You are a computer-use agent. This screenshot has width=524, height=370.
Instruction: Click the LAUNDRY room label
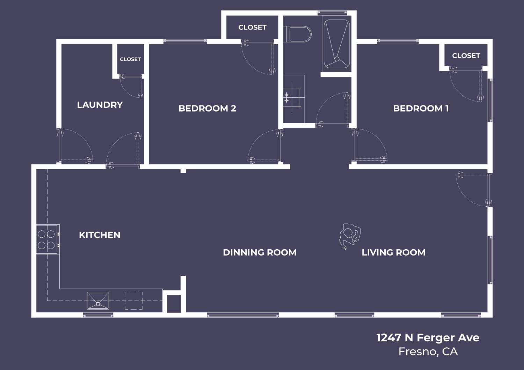[x=100, y=105]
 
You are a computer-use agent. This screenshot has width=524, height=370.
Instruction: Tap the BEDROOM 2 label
[x=207, y=108]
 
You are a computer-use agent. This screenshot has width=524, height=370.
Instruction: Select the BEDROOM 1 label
[x=421, y=108]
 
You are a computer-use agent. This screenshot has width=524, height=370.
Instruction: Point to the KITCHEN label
[x=100, y=235]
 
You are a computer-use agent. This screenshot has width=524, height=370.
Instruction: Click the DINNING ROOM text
[x=260, y=252]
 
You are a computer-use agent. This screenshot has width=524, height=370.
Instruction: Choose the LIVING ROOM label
[x=393, y=252]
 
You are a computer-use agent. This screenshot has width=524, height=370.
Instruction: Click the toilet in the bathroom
[x=299, y=34]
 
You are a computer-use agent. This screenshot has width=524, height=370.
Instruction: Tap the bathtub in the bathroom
[x=337, y=44]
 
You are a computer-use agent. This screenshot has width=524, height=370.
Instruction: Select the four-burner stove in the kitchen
[x=47, y=239]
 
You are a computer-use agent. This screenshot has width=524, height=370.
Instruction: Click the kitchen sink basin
[x=98, y=301]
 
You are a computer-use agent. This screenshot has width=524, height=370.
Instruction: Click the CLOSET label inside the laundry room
[x=130, y=59]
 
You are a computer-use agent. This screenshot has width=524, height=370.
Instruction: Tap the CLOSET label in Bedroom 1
[x=466, y=55]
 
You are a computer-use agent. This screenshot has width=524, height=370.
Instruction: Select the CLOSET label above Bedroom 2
[x=252, y=27]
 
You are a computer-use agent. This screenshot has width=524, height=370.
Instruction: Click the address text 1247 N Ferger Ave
[x=428, y=338]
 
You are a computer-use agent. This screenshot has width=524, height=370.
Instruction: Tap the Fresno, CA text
[x=428, y=351]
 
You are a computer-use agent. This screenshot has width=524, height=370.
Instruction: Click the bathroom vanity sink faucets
[x=287, y=97]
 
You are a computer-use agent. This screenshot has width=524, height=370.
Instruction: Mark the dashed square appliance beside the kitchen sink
[x=134, y=301]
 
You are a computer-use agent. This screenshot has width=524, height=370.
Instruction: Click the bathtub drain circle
[x=337, y=59]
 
